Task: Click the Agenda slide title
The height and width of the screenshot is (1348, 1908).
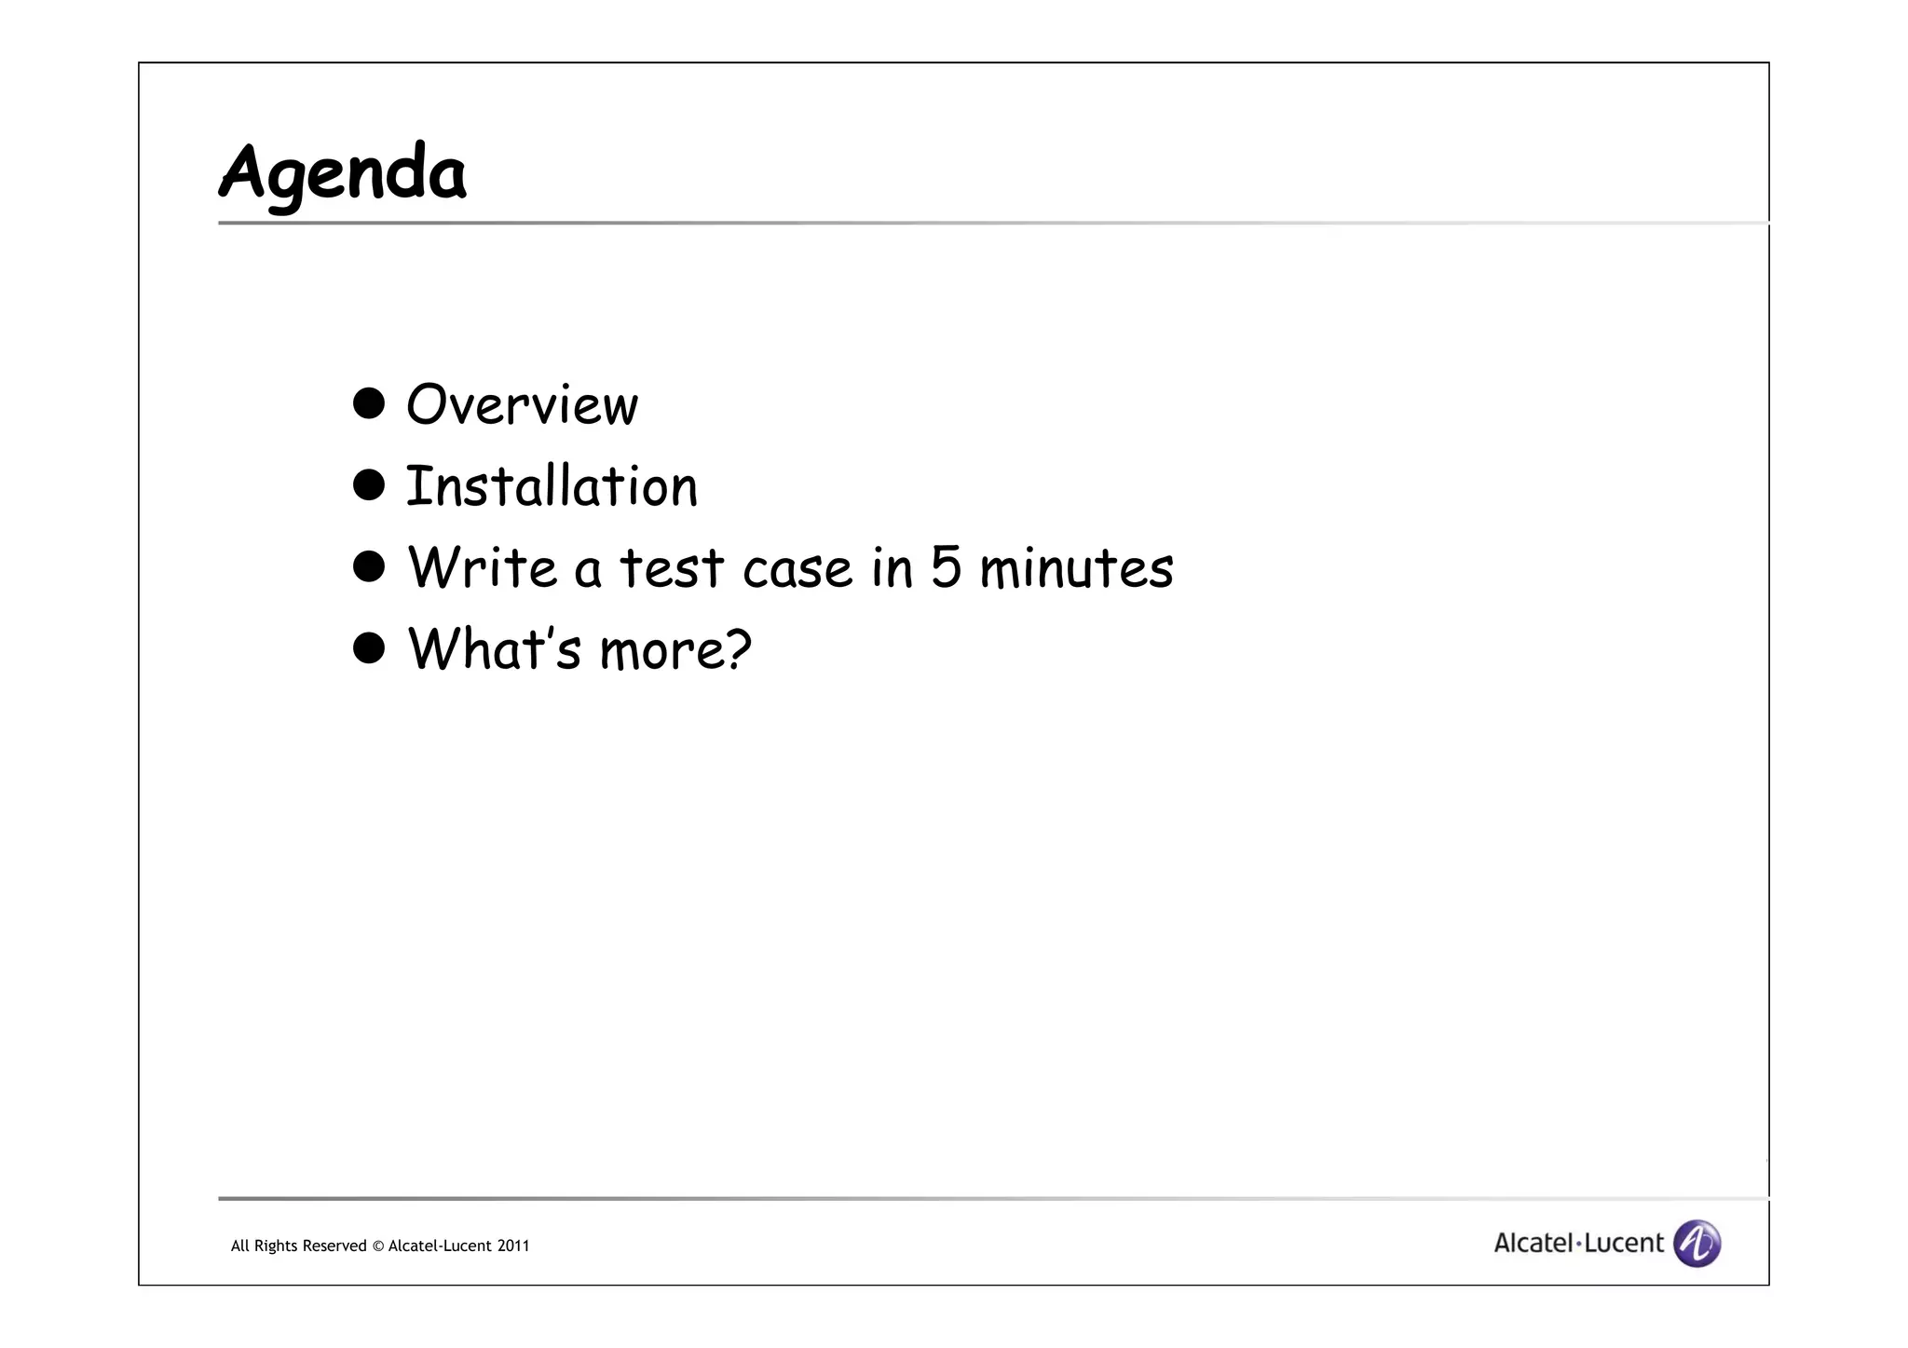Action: coord(342,174)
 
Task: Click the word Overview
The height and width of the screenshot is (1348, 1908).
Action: coord(522,405)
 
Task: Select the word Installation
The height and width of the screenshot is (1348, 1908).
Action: coord(551,486)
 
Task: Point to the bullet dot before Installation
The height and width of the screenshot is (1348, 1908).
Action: coord(369,484)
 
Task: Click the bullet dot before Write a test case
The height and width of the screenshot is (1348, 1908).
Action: coord(369,565)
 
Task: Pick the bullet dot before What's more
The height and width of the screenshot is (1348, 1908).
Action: coord(369,647)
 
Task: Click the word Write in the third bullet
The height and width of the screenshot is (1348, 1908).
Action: coord(482,567)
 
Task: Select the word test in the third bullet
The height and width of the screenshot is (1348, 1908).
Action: coord(671,568)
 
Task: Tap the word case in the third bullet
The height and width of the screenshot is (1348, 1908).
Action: coord(797,569)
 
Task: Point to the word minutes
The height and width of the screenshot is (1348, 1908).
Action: coord(1076,568)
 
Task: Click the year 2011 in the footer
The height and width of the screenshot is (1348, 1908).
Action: coord(513,1246)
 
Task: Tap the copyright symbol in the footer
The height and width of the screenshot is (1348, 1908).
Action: coord(377,1246)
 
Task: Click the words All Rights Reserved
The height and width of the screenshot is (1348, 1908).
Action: coord(298,1246)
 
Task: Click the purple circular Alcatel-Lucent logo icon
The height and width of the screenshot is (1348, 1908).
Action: coord(1697,1244)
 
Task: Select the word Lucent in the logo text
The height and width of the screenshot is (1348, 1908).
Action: coord(1624,1243)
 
